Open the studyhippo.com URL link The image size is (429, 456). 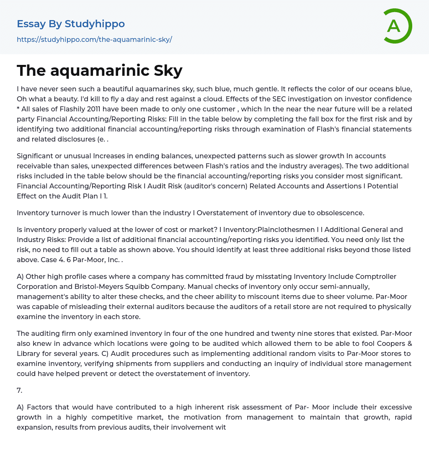pos(94,40)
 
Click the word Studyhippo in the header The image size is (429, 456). pos(95,24)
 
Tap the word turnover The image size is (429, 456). pos(66,213)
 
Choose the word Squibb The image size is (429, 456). pos(135,286)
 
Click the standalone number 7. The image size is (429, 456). pos(19,390)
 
